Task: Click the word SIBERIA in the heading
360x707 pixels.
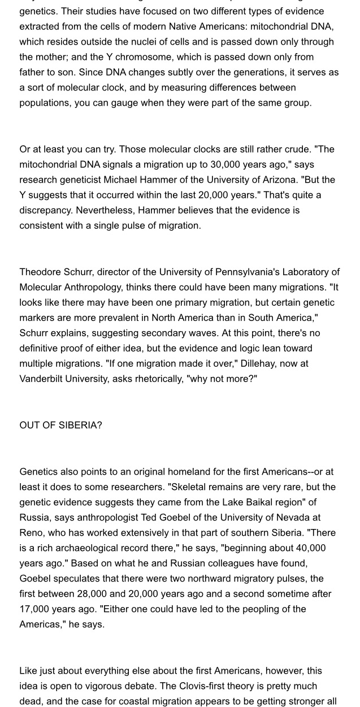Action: click(80, 425)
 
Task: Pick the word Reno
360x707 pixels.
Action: click(31, 532)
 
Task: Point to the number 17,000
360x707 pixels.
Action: click(37, 609)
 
